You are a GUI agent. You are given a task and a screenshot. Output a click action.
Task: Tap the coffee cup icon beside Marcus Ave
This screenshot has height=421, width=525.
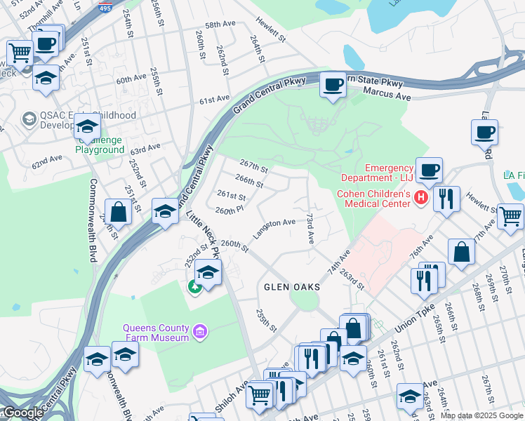[x=333, y=86]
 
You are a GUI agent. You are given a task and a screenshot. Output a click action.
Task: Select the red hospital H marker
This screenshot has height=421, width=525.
[x=421, y=199]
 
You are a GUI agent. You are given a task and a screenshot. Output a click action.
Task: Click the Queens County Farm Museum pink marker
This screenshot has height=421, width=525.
[x=200, y=330]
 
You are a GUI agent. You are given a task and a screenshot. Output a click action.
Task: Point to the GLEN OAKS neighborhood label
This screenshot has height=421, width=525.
[x=292, y=288]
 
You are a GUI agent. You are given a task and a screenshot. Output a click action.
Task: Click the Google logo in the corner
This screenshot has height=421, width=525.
[x=22, y=413]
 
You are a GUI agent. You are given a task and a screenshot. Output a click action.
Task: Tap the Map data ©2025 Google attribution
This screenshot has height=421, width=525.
[x=481, y=415]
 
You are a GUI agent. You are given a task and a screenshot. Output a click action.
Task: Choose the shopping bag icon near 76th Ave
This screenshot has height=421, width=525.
[x=462, y=253]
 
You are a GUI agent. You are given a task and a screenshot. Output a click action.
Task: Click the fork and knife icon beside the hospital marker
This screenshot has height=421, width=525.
[x=446, y=199]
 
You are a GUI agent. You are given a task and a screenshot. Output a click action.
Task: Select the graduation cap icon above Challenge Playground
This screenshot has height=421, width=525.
[x=87, y=126]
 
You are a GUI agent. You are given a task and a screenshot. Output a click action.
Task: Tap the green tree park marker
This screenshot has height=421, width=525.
[x=194, y=286]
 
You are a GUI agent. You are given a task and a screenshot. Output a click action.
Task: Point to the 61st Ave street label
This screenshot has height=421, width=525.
[x=214, y=101]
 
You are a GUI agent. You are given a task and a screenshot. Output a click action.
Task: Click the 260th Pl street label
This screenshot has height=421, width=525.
[x=230, y=210]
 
